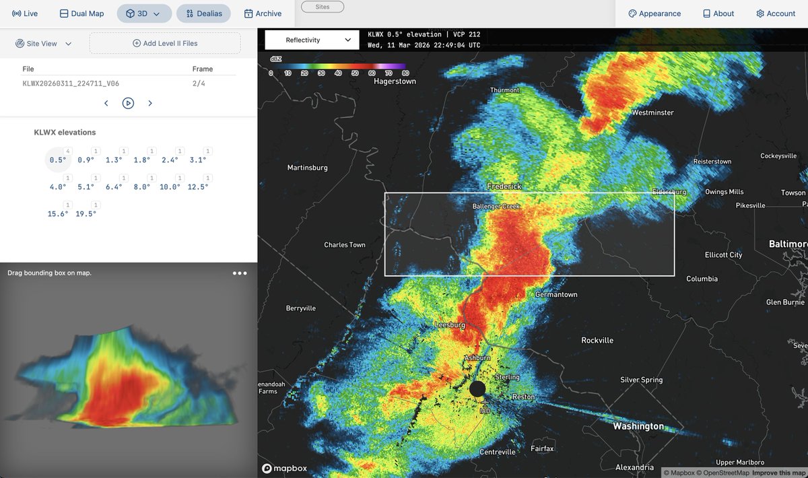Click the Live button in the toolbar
click(25, 13)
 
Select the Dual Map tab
click(81, 13)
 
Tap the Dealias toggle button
click(203, 13)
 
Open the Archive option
click(263, 13)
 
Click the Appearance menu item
click(654, 13)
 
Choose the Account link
click(776, 13)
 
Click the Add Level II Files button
click(165, 43)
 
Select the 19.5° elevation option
click(86, 213)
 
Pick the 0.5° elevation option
click(58, 160)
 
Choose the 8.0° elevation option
click(142, 186)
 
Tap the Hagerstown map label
click(395, 81)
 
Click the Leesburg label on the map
click(450, 325)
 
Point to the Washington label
click(638, 426)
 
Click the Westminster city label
click(652, 112)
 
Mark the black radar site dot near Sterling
click(477, 388)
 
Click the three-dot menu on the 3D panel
click(240, 273)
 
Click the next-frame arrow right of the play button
click(150, 103)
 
